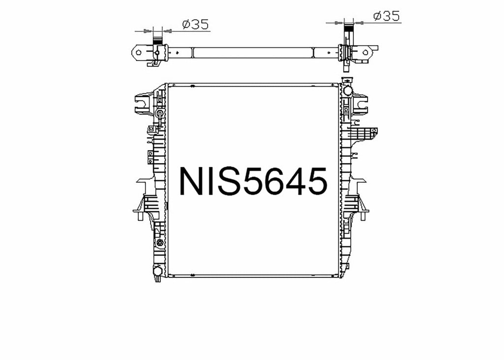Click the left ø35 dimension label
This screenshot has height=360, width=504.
195,24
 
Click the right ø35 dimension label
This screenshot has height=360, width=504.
386,16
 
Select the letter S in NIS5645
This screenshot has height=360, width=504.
227,181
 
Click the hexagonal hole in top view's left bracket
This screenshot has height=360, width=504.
138,52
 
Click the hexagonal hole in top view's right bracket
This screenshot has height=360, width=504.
366,52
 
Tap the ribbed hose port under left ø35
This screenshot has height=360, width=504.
157,41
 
